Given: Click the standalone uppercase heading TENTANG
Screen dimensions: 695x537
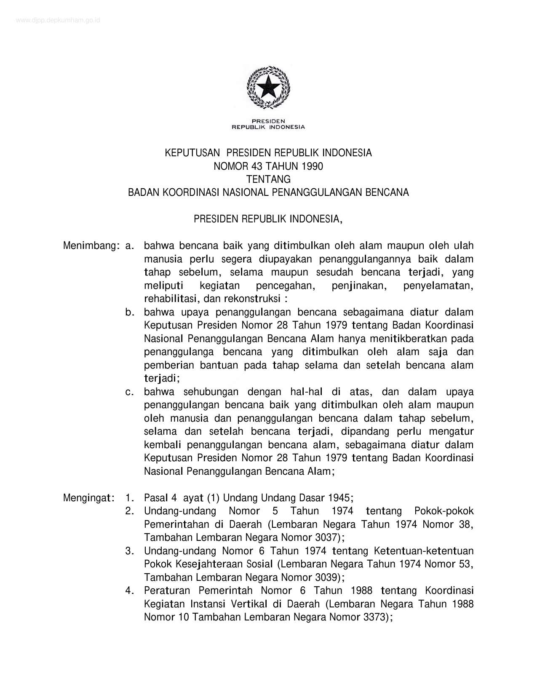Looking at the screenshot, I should pos(268,179).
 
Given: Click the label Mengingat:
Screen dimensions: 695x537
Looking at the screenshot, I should pos(89,498).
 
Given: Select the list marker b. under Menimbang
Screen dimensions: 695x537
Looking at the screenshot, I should pos(130,312).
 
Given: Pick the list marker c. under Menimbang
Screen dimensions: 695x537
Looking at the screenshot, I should pos(130,392).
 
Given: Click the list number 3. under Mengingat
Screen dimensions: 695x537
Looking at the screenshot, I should pos(130,551).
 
